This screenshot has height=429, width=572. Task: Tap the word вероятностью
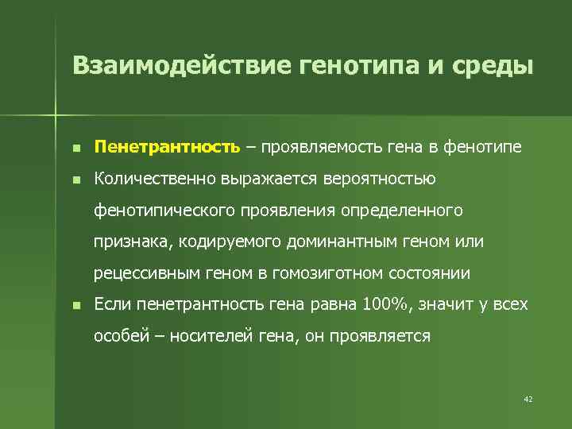coord(379,179)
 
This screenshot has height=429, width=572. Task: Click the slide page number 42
coord(528,398)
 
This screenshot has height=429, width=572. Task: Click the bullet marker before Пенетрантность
coord(75,148)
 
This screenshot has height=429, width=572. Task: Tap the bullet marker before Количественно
coord(75,180)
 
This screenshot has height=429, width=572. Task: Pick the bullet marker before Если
coord(75,305)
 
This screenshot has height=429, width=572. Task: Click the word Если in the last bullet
coord(112,304)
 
